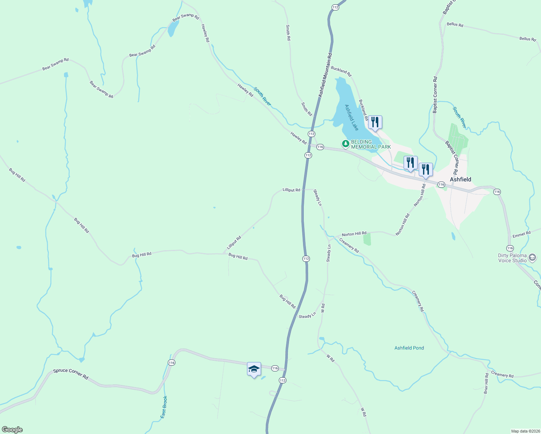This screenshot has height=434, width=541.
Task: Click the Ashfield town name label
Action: click(x=460, y=179)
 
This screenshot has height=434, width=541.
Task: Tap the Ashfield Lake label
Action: click(x=352, y=118)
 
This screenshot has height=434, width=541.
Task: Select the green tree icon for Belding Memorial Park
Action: click(x=346, y=144)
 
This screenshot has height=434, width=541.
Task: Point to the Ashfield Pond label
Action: click(x=409, y=348)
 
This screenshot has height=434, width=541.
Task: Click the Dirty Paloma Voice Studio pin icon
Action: click(x=532, y=258)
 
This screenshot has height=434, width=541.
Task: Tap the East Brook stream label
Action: click(x=164, y=407)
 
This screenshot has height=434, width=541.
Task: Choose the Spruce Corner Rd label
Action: click(x=71, y=374)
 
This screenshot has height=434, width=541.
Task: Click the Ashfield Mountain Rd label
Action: click(x=325, y=75)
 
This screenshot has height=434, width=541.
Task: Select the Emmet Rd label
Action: click(x=521, y=235)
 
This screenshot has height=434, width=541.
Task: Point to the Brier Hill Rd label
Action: click(x=486, y=383)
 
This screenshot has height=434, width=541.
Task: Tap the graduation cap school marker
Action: click(x=254, y=369)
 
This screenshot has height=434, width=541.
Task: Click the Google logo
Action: click(x=12, y=430)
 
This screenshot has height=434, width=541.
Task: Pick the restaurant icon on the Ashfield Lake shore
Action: click(x=375, y=122)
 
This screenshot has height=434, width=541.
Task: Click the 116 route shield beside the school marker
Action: click(x=275, y=368)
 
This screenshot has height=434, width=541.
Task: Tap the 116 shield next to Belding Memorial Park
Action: click(x=320, y=147)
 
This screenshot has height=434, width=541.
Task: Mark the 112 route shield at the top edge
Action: click(x=335, y=7)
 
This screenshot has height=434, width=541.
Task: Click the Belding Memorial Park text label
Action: click(x=371, y=144)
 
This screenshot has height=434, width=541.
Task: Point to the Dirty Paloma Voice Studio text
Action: click(x=512, y=258)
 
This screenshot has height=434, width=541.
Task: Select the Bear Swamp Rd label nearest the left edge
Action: click(x=55, y=64)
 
